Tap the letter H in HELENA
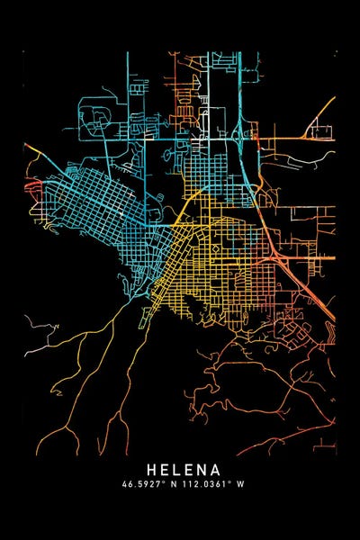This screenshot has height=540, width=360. [x=149, y=470]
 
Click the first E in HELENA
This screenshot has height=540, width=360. [x=162, y=470]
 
